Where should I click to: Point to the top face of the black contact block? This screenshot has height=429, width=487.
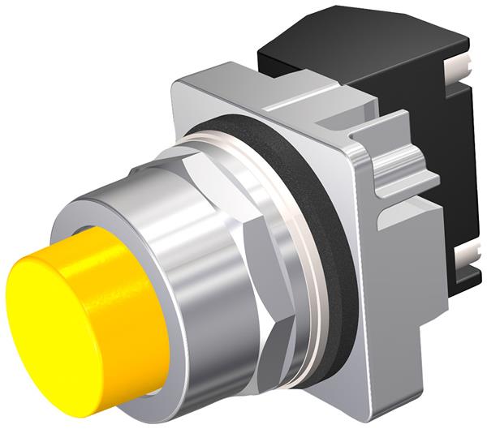(x=357, y=41)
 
